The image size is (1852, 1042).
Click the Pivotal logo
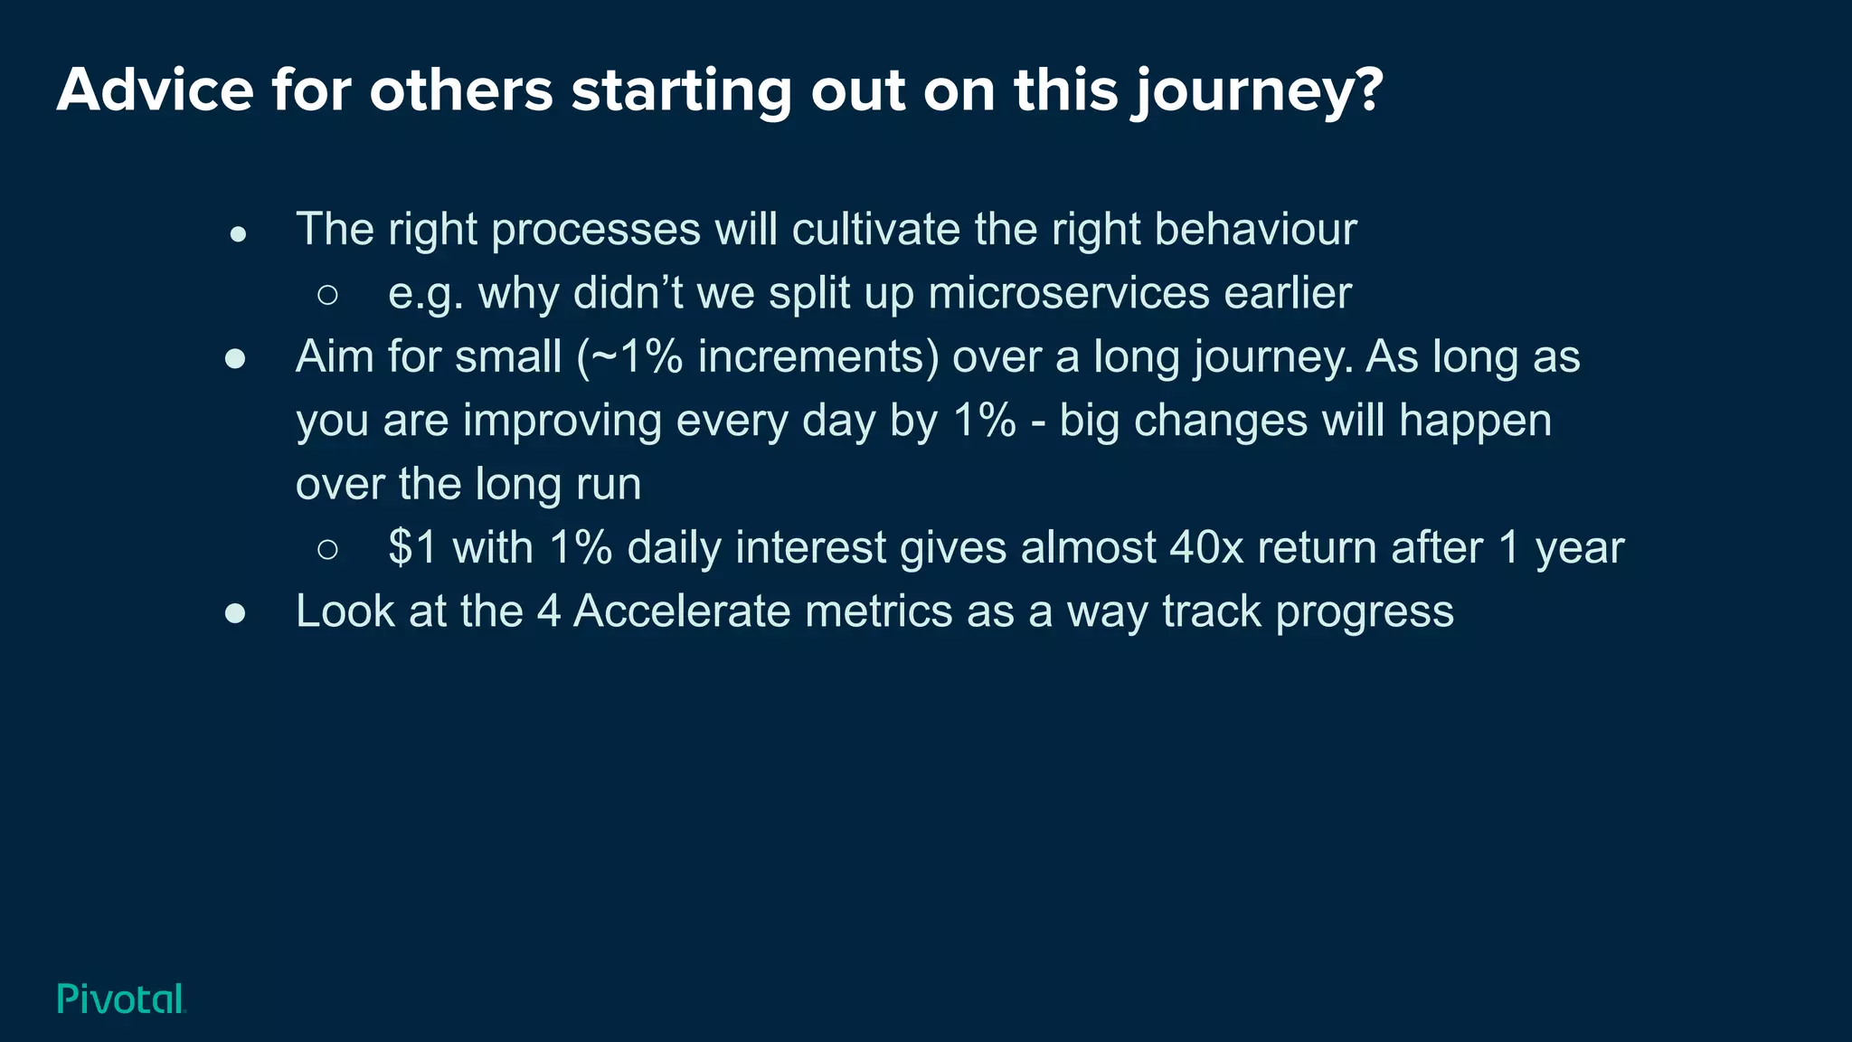pyautogui.click(x=121, y=999)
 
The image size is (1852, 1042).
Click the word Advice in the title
pyautogui.click(x=155, y=90)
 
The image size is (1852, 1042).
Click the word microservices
pyautogui.click(x=1068, y=293)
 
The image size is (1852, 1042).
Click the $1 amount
pyautogui.click(x=412, y=547)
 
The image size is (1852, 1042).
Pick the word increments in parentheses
pyautogui.click(x=811, y=356)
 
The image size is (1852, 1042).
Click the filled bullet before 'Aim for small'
pyautogui.click(x=235, y=360)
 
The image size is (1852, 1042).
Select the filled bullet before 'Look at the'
pyautogui.click(x=235, y=614)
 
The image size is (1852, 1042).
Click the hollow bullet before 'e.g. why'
pyautogui.click(x=328, y=295)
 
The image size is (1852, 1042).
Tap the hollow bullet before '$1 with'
pyautogui.click(x=328, y=549)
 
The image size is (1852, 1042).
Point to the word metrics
pyautogui.click(x=878, y=611)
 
